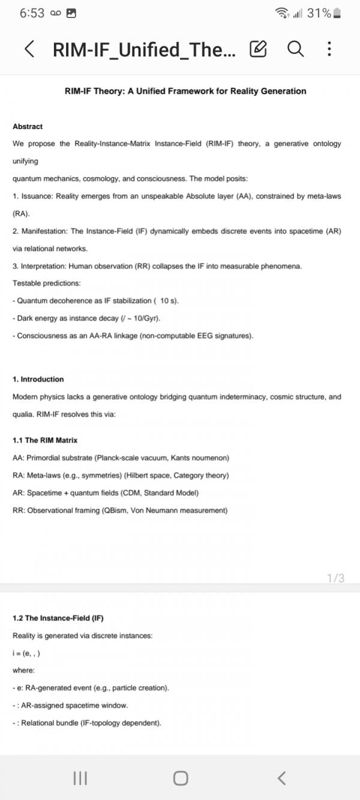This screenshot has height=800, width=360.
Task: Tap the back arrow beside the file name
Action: click(x=29, y=49)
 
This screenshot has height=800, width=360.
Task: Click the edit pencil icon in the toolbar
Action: click(x=257, y=49)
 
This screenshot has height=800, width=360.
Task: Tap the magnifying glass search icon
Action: click(x=295, y=49)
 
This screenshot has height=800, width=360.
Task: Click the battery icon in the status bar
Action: click(x=337, y=13)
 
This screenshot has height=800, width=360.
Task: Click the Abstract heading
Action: click(x=28, y=127)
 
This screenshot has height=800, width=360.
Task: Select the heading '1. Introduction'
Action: click(x=38, y=379)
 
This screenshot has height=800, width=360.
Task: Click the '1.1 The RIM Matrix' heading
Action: click(x=45, y=441)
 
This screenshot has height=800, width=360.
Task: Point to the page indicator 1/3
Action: click(x=335, y=579)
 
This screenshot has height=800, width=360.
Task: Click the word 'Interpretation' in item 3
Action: click(x=44, y=266)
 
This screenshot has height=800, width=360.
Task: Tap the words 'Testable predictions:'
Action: click(x=40, y=283)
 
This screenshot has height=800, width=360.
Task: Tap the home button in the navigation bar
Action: click(x=180, y=778)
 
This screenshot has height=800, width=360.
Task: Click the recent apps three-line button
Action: click(x=80, y=778)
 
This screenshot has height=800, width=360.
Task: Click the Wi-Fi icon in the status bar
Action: click(x=281, y=13)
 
